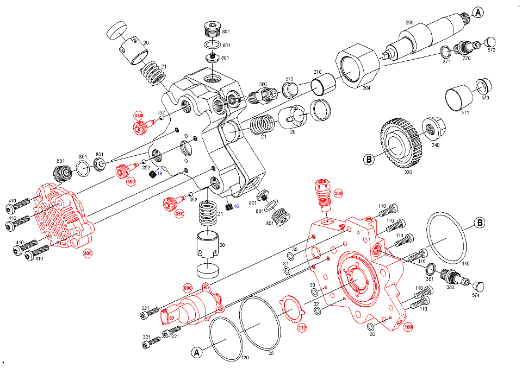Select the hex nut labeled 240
click(x=431, y=128)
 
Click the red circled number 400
click(x=87, y=253)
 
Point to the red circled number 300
click(x=338, y=193)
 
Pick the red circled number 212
click(x=302, y=327)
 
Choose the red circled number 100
click(x=408, y=327)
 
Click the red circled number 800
click(x=188, y=287)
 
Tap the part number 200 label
click(x=409, y=22)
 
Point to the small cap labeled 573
click(x=489, y=42)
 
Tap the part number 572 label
click(x=289, y=79)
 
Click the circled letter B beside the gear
click(x=369, y=160)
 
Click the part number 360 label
click(x=263, y=85)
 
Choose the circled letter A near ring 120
click(x=197, y=353)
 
